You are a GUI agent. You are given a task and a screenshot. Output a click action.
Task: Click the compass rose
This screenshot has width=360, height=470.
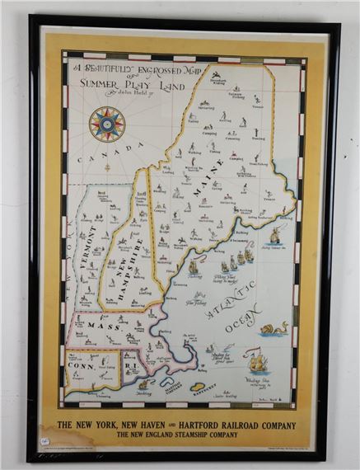(x=106, y=124)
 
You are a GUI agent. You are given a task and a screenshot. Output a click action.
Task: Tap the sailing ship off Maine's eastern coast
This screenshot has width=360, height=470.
(x=274, y=237)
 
